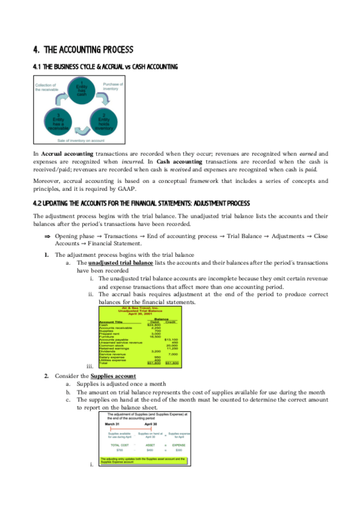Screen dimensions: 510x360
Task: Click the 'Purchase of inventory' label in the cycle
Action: click(x=114, y=87)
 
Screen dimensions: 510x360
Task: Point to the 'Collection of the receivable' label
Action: click(x=46, y=88)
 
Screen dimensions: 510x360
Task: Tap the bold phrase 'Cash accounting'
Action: click(x=178, y=162)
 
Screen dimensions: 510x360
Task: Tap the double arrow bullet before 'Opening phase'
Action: click(x=47, y=236)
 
